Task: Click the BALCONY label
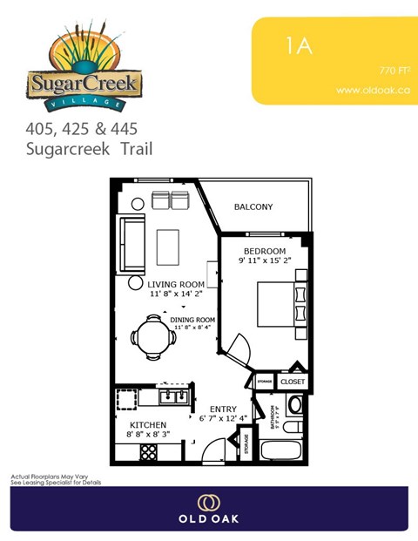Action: [x=254, y=207]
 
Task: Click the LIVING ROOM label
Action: [x=176, y=284]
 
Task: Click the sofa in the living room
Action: [x=133, y=245]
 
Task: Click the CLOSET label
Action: [x=293, y=382]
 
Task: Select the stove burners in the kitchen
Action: [x=148, y=452]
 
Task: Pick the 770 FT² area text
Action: [x=394, y=70]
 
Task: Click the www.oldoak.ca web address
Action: [x=373, y=90]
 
